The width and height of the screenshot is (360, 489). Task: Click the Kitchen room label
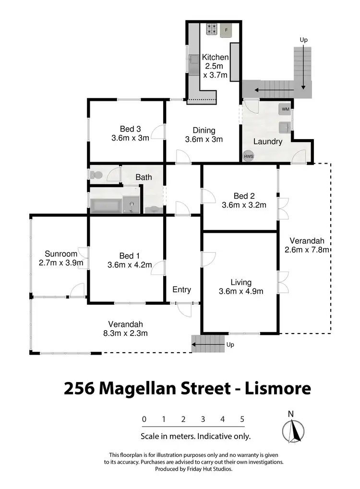pyautogui.click(x=215, y=57)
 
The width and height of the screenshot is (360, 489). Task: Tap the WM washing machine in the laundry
pyautogui.click(x=285, y=109)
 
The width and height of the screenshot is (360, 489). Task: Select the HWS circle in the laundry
pyautogui.click(x=248, y=156)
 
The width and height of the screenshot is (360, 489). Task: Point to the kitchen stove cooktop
pyautogui.click(x=211, y=30)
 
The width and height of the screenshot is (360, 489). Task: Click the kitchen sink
pyautogui.click(x=194, y=62)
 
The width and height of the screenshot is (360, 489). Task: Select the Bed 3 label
pyautogui.click(x=130, y=129)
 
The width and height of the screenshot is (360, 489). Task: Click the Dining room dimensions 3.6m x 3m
pyautogui.click(x=204, y=140)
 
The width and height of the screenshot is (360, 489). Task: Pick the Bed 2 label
pyautogui.click(x=244, y=196)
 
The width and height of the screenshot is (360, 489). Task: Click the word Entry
pyautogui.click(x=181, y=289)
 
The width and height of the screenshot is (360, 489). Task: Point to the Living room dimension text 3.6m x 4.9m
pyautogui.click(x=240, y=291)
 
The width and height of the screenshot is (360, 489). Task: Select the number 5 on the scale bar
pyautogui.click(x=242, y=419)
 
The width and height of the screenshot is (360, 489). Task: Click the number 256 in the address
pyautogui.click(x=79, y=388)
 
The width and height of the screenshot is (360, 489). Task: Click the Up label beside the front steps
pyautogui.click(x=230, y=345)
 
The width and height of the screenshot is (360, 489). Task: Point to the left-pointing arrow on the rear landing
pyautogui.click(x=261, y=89)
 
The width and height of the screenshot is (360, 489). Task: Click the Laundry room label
pyautogui.click(x=267, y=142)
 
